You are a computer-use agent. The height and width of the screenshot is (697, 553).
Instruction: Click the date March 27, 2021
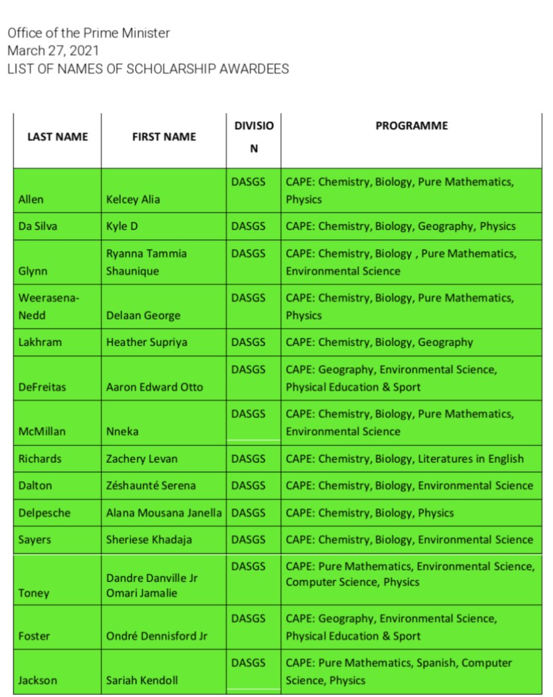(x=53, y=50)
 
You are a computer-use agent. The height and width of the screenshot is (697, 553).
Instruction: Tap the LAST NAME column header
(x=57, y=137)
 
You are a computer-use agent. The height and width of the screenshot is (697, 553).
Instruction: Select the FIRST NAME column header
(x=164, y=137)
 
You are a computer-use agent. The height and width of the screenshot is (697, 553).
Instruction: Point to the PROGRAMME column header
(x=412, y=125)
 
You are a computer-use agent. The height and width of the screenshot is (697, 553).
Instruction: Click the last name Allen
(x=31, y=199)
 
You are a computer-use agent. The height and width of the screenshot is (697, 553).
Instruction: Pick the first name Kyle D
(x=122, y=227)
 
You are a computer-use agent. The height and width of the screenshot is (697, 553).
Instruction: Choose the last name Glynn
(x=33, y=271)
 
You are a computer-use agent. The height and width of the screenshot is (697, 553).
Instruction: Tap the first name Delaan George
(x=144, y=315)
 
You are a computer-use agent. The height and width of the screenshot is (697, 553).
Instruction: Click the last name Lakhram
(x=40, y=342)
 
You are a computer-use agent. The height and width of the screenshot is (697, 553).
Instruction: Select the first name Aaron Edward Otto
(x=154, y=387)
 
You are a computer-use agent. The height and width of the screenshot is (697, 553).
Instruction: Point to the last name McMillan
(x=42, y=432)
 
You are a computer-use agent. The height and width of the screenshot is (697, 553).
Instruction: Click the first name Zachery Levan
(x=141, y=459)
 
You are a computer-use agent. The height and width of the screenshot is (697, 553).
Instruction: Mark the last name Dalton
(x=35, y=485)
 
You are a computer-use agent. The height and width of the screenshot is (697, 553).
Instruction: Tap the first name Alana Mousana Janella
(x=164, y=513)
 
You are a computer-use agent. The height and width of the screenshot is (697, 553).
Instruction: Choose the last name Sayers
(x=35, y=540)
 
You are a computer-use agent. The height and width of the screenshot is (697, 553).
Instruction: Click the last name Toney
(x=34, y=593)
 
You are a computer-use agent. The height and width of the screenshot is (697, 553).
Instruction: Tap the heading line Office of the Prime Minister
(x=88, y=33)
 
